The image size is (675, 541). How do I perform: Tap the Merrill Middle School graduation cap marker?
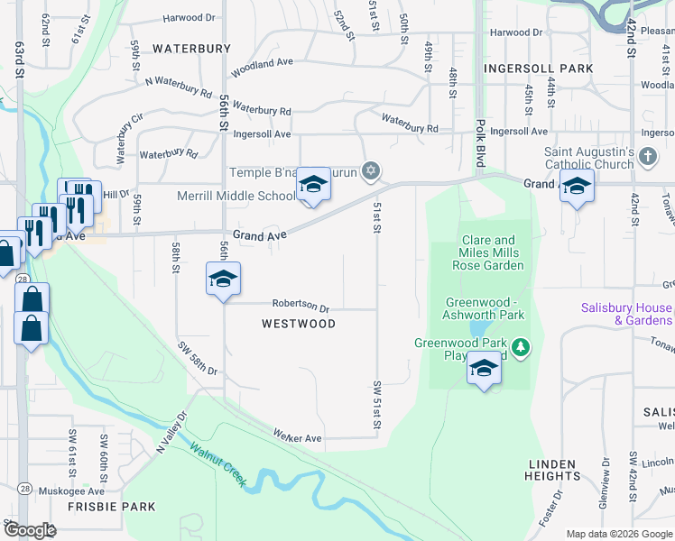[x=313, y=186]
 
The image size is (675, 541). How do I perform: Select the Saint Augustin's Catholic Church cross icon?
[x=647, y=158]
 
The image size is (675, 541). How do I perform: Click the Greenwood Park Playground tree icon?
[x=520, y=346]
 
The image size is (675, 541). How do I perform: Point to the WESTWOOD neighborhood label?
[x=299, y=324]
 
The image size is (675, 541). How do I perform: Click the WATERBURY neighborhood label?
[x=192, y=48]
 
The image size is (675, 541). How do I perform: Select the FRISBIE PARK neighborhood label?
[x=112, y=507]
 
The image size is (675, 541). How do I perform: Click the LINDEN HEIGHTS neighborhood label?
[x=552, y=470]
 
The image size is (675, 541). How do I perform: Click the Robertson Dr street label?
[x=301, y=307]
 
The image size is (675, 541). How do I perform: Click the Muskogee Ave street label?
[x=71, y=491]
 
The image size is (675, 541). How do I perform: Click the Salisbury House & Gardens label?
[x=627, y=314]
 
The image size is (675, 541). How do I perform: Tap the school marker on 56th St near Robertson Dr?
[x=223, y=279]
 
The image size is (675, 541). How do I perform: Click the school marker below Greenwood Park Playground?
[x=485, y=368]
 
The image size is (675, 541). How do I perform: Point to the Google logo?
[x=30, y=530]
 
